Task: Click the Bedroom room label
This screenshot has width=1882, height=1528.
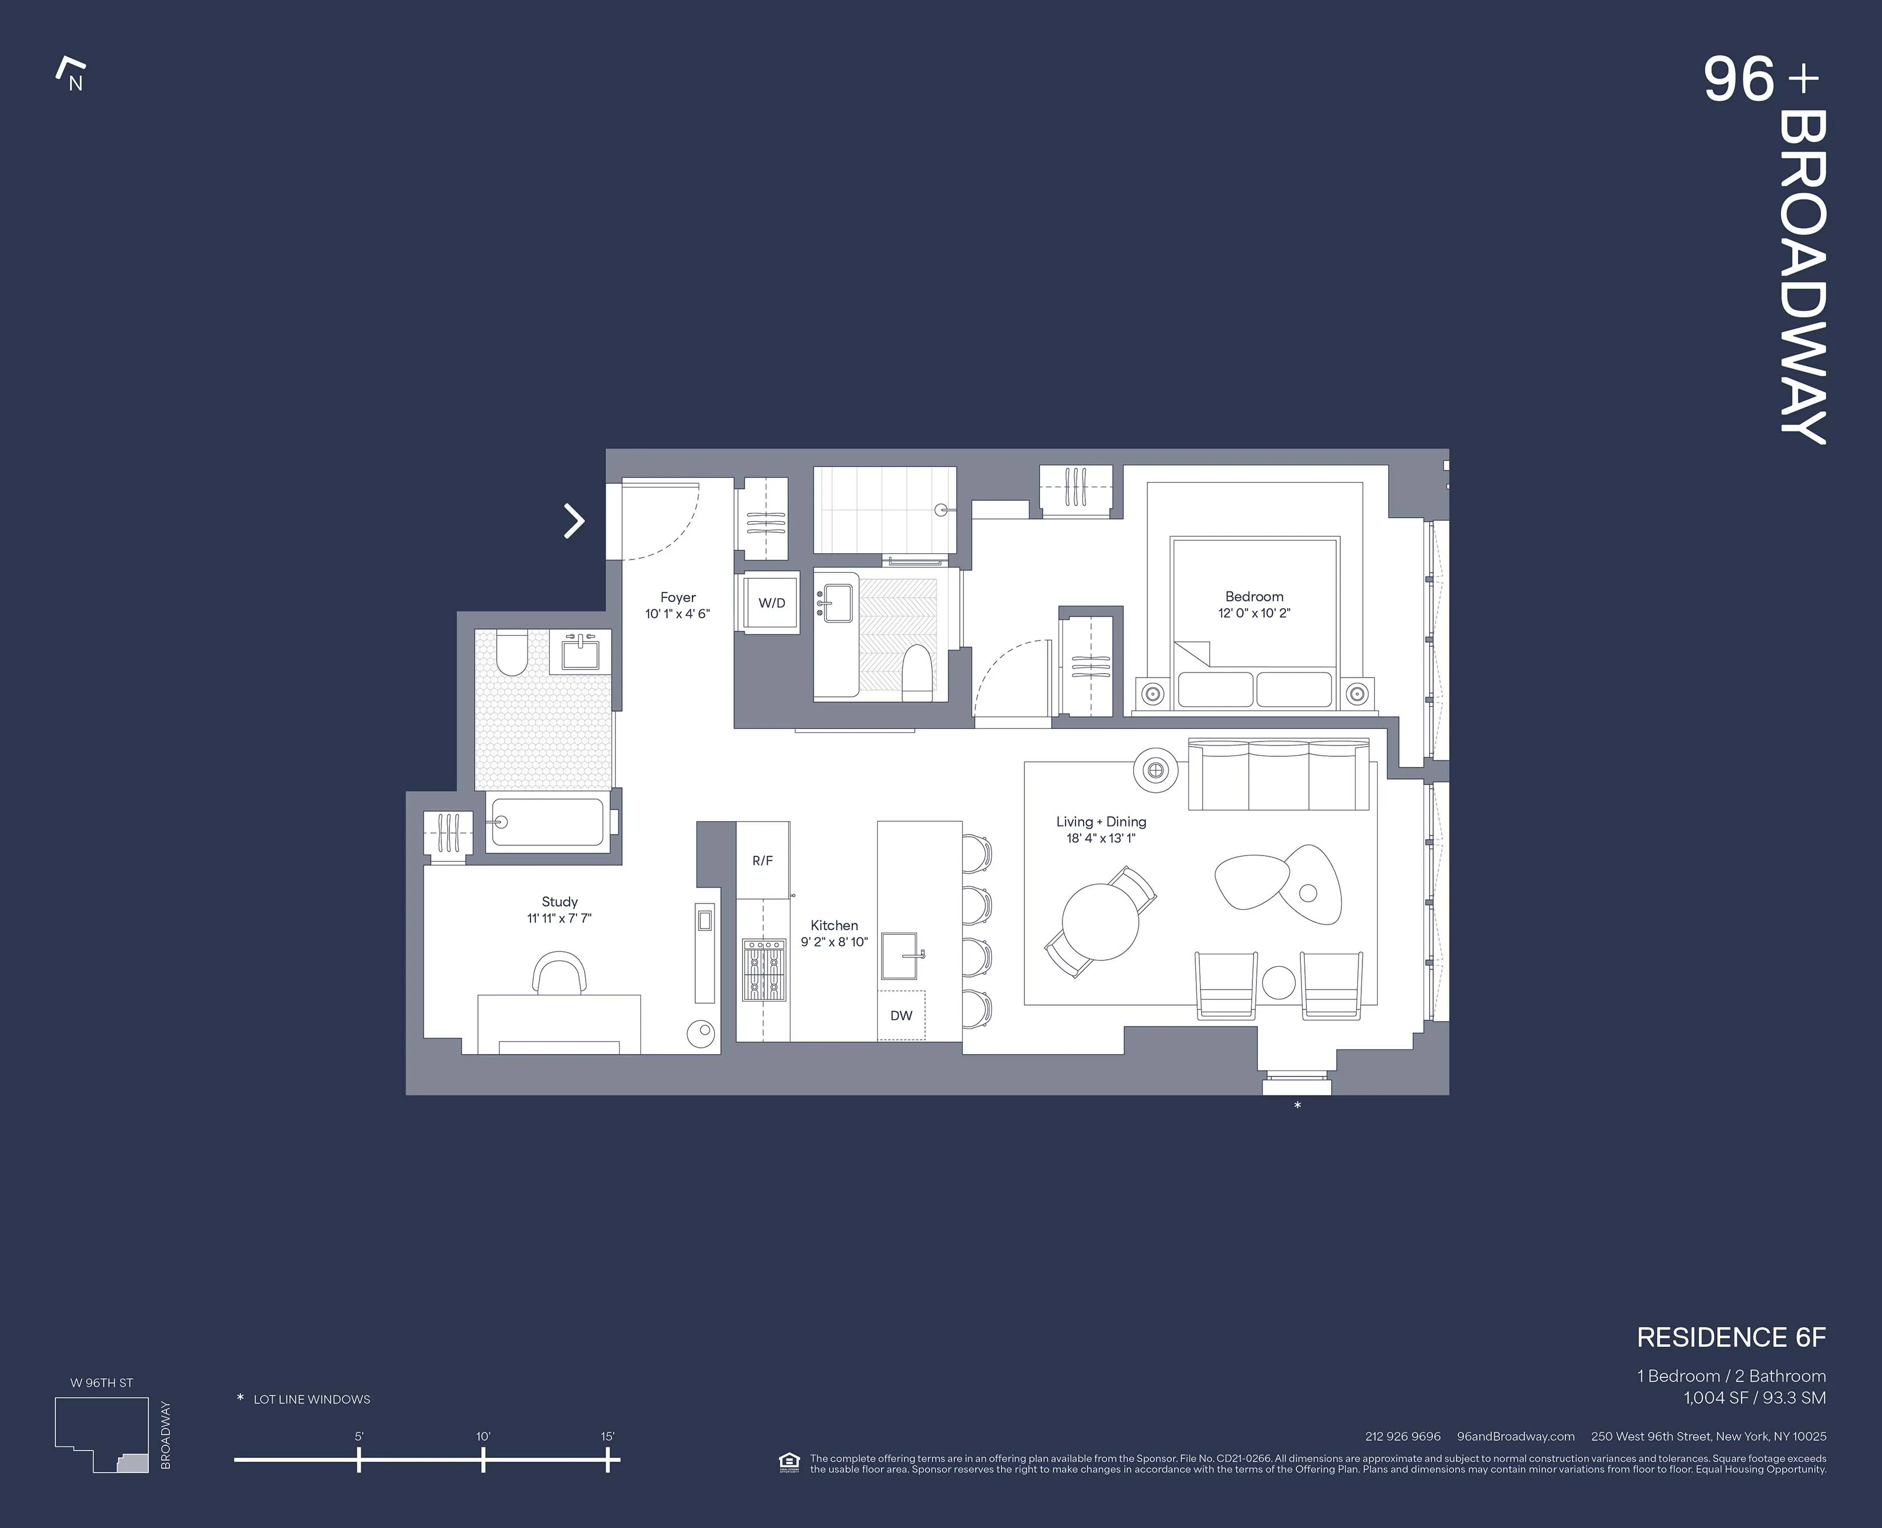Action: coord(1254,596)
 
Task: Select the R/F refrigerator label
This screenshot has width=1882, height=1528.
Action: coord(762,861)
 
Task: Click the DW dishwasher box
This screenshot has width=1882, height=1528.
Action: coord(901,1015)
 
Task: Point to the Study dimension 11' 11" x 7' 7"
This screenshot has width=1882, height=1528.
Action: coord(559,918)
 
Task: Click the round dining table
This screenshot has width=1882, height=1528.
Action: coord(1100,921)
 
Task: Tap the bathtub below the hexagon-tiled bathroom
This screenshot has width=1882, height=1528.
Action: coord(547,822)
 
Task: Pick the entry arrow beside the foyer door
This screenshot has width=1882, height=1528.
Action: coord(574,521)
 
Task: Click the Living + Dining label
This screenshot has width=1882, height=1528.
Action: coord(1101,821)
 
